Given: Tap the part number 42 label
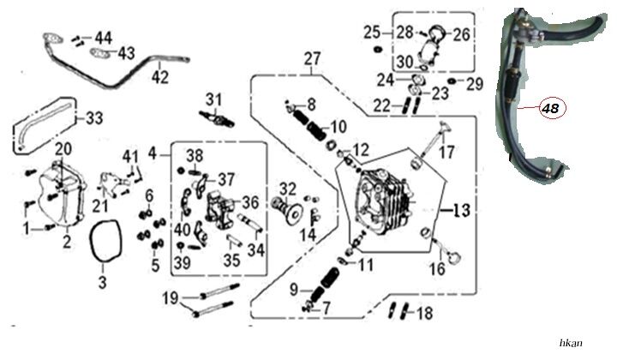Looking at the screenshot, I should point(159,76).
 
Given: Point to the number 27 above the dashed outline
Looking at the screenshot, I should point(311,58).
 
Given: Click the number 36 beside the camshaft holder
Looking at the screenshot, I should point(250,202).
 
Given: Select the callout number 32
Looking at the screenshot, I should point(288,189).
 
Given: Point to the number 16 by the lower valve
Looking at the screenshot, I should point(437,267).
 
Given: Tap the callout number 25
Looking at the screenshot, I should point(370,33).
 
